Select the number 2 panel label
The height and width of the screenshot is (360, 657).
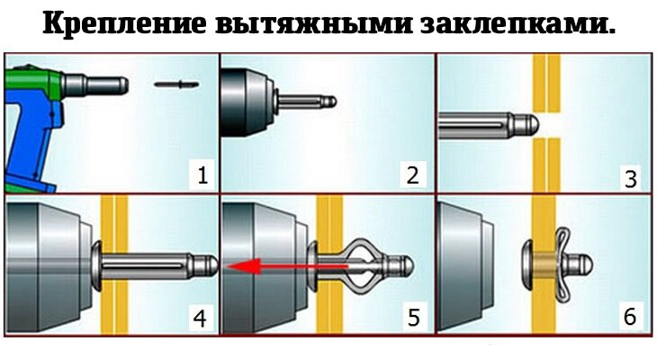pyautogui.click(x=413, y=174)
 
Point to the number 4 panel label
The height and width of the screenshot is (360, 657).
pyautogui.click(x=200, y=318)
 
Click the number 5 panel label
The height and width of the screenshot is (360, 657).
pyautogui.click(x=413, y=318)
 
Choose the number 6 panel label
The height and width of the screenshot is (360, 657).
pyautogui.click(x=630, y=318)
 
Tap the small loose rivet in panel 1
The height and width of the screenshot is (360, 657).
pyautogui.click(x=175, y=85)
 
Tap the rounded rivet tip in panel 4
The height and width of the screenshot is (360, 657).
pyautogui.click(x=208, y=265)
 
